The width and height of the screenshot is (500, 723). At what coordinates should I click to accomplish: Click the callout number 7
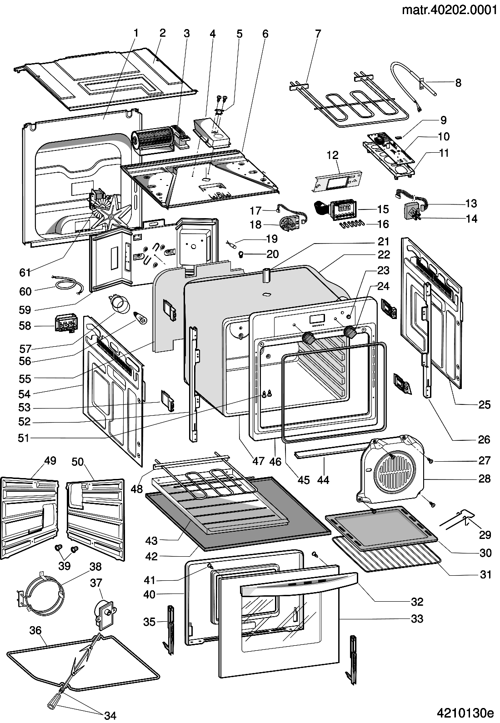click(x=318, y=33)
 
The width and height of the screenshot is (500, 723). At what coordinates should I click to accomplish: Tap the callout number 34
click(x=110, y=716)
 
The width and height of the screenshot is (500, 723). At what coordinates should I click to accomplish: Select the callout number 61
click(x=25, y=272)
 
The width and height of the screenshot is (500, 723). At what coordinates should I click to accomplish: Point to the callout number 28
click(x=485, y=478)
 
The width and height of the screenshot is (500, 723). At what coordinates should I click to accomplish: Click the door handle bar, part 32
click(x=298, y=585)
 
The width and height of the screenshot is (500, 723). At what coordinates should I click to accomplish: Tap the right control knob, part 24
click(x=350, y=332)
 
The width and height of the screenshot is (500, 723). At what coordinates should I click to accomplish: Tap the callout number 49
click(x=50, y=461)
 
